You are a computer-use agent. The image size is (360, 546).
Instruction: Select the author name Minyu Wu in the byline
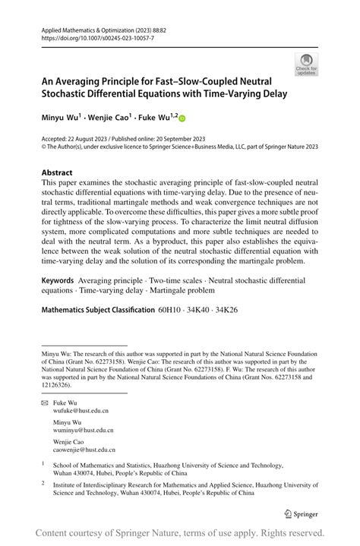pos(64,118)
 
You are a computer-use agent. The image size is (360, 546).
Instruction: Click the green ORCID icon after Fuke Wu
pos(182,118)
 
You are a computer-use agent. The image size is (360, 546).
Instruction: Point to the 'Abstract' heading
pos(57,172)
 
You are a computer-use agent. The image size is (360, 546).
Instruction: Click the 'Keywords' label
pos(58,280)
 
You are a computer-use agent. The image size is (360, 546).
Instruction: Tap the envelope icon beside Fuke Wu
pos(45,402)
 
